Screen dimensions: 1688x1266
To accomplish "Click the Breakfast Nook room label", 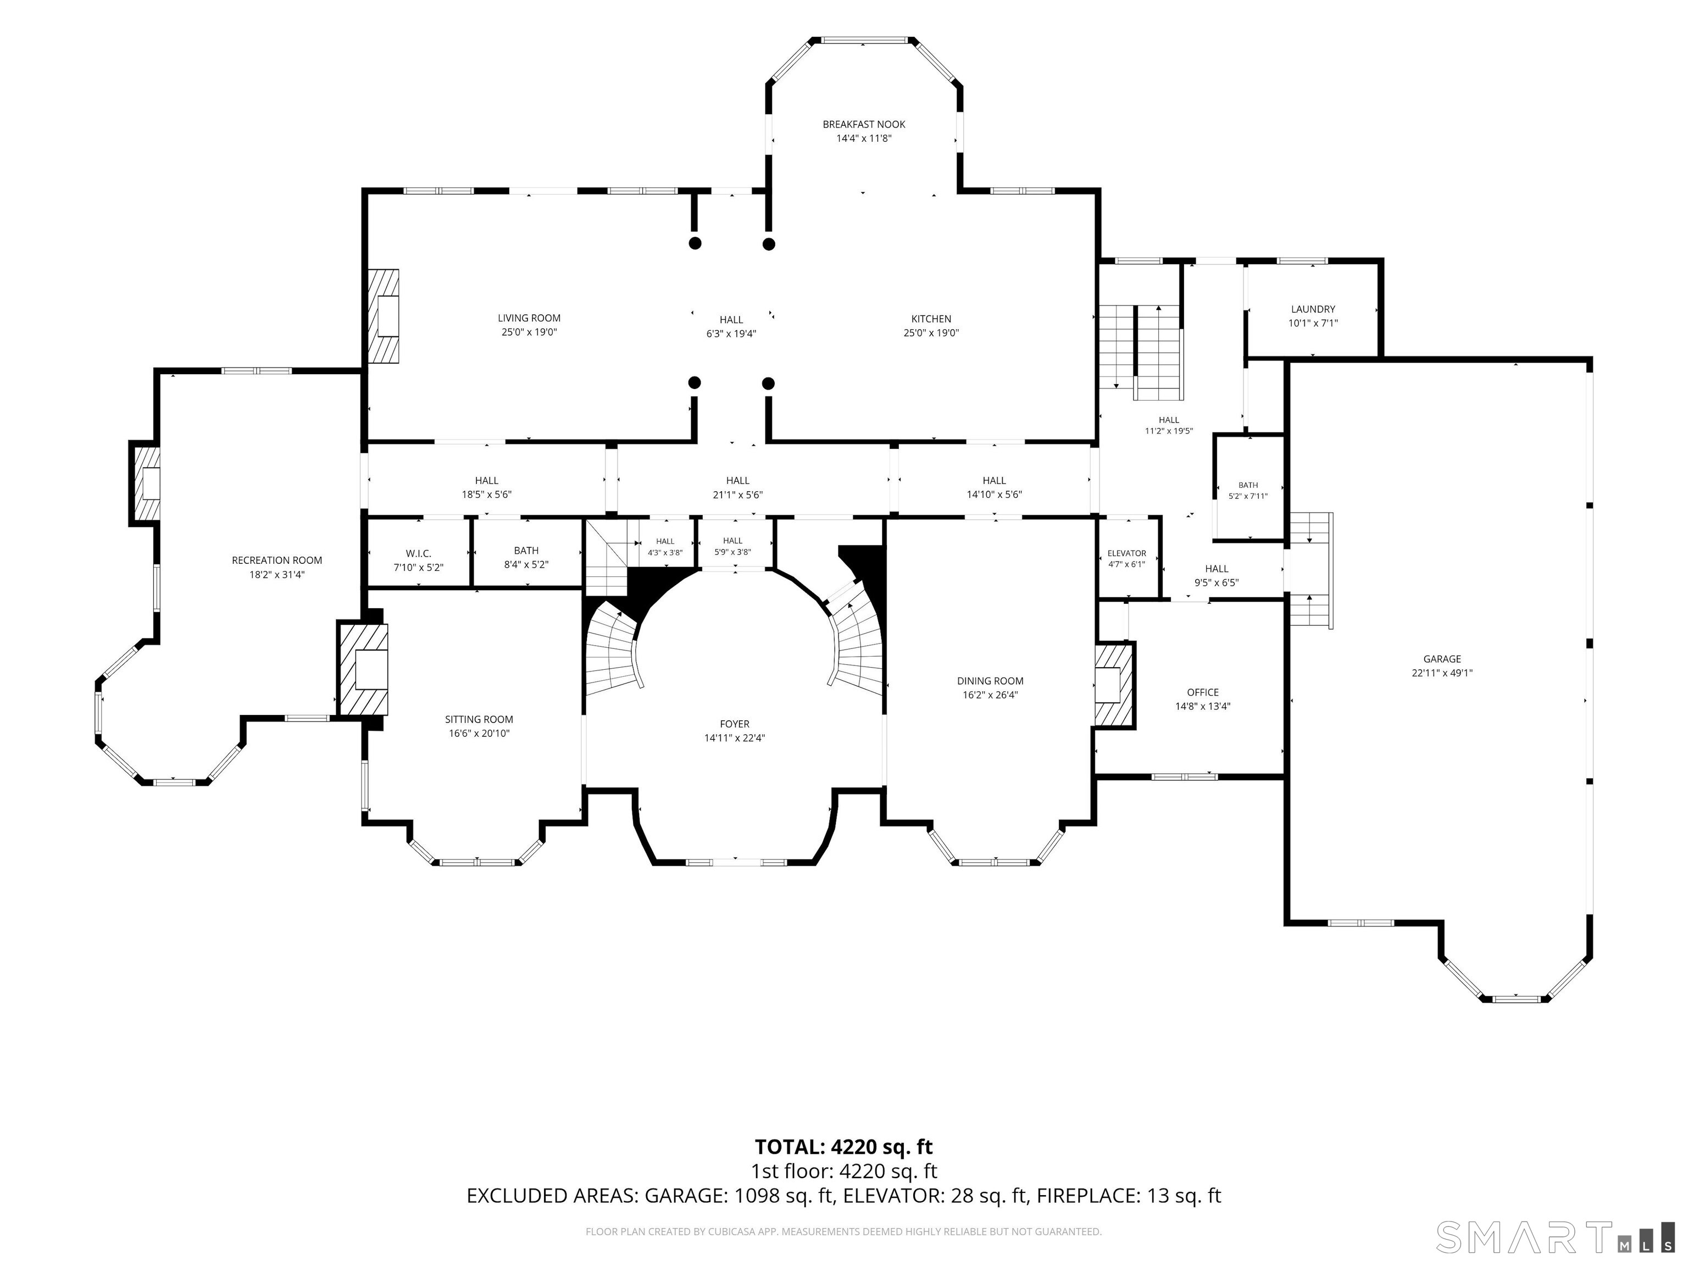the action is [864, 124].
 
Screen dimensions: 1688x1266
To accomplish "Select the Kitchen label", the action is [931, 319].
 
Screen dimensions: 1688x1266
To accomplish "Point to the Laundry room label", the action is [1313, 309].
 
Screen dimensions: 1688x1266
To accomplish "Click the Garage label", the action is [1441, 659].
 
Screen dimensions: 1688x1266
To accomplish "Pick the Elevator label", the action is [1126, 553].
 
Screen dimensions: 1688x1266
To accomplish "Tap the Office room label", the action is [1203, 693].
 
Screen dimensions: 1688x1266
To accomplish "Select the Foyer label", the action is [734, 724].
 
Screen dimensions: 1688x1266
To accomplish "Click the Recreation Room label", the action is [277, 560].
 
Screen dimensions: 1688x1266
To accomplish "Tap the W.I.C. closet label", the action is [418, 553].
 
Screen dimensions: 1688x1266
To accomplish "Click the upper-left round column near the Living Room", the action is [695, 243].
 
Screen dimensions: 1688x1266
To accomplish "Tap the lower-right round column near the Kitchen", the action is [769, 383].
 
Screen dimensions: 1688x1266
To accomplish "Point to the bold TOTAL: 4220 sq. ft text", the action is [843, 1147].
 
